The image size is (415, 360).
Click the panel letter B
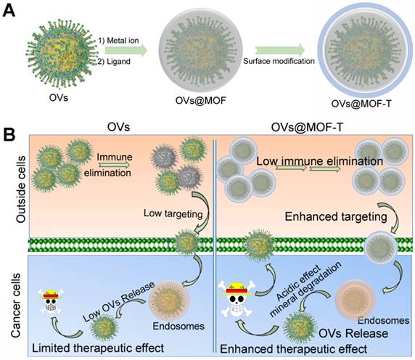point(10,135)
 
